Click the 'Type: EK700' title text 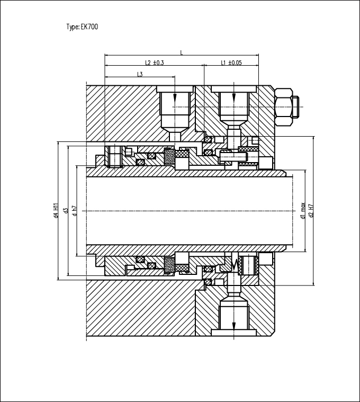coord(82,26)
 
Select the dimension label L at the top coord(182,53)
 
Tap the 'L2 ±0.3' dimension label coord(154,62)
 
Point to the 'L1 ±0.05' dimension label coord(231,62)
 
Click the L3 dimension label coord(140,74)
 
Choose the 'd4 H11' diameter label coord(56,211)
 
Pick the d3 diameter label coord(66,211)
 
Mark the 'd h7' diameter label coord(75,211)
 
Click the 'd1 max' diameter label coord(303,211)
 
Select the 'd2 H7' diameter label coord(311,211)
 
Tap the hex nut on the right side coord(283,106)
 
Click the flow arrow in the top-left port coord(175,97)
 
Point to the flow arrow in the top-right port coord(233,97)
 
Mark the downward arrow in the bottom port coord(233,326)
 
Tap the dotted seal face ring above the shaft coord(169,156)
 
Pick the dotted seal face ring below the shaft coord(169,265)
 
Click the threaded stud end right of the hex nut coord(296,106)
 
